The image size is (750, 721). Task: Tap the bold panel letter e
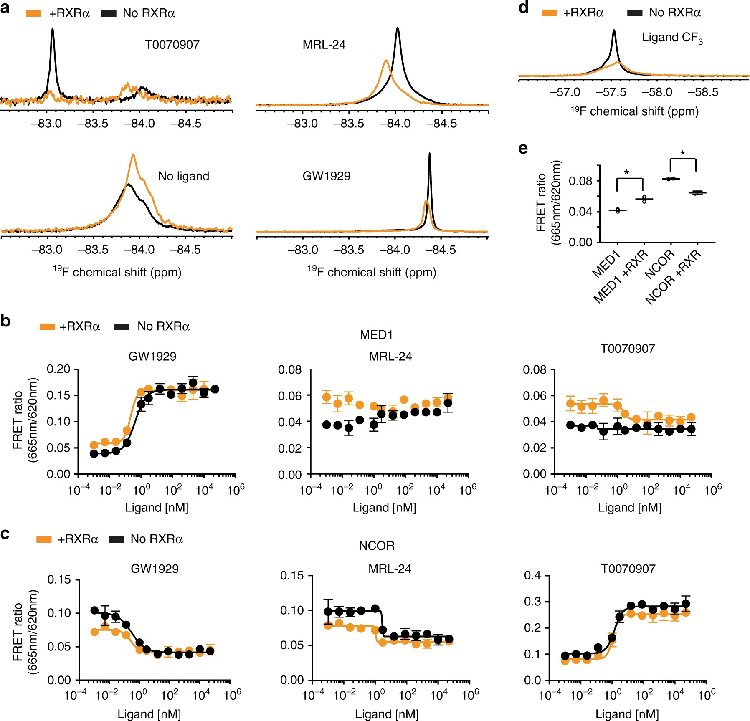pyautogui.click(x=523, y=149)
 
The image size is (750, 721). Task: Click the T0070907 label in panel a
pyautogui.click(x=172, y=45)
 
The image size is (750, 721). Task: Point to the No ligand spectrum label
pyautogui.click(x=183, y=176)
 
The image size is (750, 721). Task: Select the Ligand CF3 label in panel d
pyautogui.click(x=672, y=38)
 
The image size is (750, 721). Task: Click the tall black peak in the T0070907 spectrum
pyautogui.click(x=53, y=29)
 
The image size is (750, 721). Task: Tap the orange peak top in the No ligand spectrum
pyautogui.click(x=133, y=155)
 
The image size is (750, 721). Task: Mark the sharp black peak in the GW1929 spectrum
pyautogui.click(x=430, y=154)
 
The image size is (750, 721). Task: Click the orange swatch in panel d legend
pyautogui.click(x=549, y=13)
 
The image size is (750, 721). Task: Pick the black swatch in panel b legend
pyautogui.click(x=122, y=326)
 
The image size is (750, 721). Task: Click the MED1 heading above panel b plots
pyautogui.click(x=376, y=335)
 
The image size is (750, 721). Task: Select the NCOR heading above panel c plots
pyautogui.click(x=377, y=546)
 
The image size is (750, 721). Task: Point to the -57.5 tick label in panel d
pyautogui.click(x=611, y=92)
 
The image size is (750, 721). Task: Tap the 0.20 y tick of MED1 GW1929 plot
pyautogui.click(x=58, y=369)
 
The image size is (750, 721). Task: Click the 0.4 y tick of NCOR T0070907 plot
pyautogui.click(x=532, y=576)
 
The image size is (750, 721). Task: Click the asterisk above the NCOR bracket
pyautogui.click(x=683, y=153)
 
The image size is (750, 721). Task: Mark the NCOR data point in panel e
pyautogui.click(x=671, y=179)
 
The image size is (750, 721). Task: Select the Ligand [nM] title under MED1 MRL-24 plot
pyautogui.click(x=384, y=508)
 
